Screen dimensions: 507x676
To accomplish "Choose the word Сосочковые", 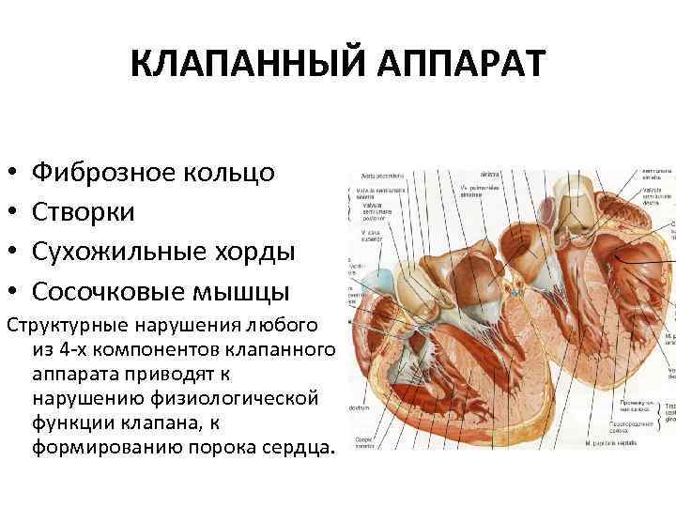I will [116, 291].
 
